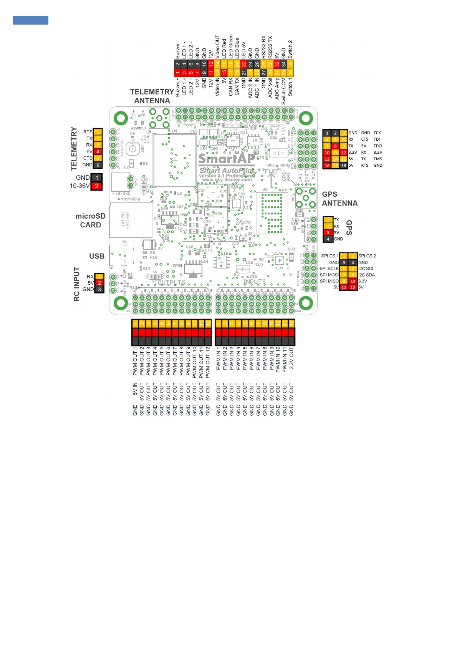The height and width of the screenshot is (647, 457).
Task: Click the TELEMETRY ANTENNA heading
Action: (x=152, y=96)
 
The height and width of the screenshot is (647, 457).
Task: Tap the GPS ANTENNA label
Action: (x=339, y=199)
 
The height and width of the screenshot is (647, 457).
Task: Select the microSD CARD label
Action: (x=91, y=221)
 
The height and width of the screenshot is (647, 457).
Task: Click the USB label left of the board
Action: (x=97, y=256)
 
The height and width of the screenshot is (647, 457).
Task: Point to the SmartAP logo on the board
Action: (x=226, y=158)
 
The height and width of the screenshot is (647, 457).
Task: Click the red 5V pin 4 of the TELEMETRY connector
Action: (x=98, y=152)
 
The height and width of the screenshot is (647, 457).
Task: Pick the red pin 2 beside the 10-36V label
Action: (x=97, y=186)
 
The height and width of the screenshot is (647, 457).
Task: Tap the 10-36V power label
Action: (x=80, y=186)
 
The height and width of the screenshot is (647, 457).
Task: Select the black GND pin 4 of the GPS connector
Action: (x=328, y=239)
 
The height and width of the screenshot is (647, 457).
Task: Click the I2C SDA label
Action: (x=366, y=275)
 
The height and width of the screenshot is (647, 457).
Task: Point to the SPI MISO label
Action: (x=329, y=281)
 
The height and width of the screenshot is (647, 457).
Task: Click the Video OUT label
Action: (x=217, y=46)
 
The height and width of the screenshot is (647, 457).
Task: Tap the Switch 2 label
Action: (x=290, y=49)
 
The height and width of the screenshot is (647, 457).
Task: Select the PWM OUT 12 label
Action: (x=208, y=362)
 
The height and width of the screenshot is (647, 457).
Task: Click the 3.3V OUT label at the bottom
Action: (x=291, y=358)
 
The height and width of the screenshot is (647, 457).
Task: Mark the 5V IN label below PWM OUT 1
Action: (x=135, y=389)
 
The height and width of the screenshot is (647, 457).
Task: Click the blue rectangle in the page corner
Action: (x=31, y=20)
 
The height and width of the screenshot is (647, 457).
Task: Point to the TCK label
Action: (x=377, y=133)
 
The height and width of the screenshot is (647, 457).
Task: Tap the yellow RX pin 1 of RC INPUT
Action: (x=99, y=277)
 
